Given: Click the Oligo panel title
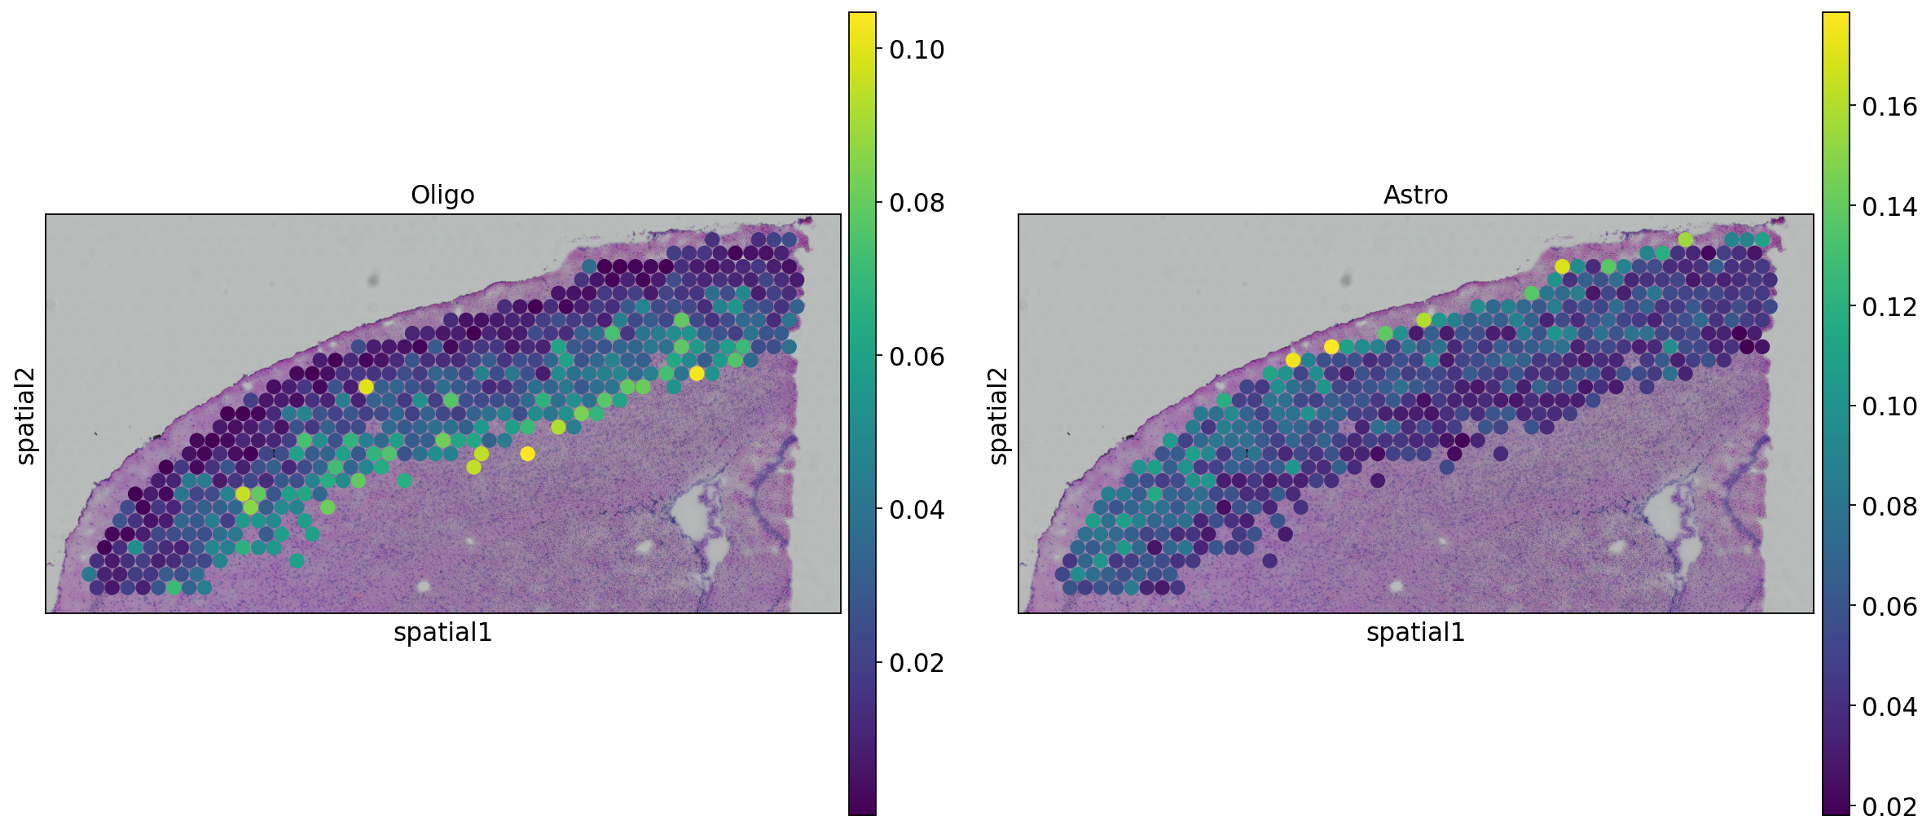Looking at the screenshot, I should [x=442, y=195].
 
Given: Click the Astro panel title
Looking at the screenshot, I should [x=1415, y=195].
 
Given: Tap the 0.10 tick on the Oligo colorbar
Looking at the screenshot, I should [x=916, y=50].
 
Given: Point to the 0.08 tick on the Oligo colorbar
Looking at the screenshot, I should [x=916, y=203].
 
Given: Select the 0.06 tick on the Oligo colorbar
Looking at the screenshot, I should [x=916, y=357].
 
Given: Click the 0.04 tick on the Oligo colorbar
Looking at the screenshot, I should [x=916, y=510].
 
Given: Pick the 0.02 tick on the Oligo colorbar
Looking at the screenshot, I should [x=916, y=663].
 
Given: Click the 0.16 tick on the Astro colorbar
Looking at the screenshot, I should [x=1889, y=107].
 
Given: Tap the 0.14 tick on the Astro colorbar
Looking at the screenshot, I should [x=1889, y=207].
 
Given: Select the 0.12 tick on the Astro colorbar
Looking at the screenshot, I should [x=1889, y=307].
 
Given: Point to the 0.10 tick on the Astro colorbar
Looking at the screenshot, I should [x=1889, y=406].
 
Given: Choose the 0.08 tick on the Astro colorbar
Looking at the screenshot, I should [x=1889, y=507].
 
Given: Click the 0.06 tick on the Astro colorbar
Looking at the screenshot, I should [x=1889, y=607].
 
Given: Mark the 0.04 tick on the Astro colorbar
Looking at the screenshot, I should [x=1889, y=706].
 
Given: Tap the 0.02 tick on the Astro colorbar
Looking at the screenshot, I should [x=1889, y=806].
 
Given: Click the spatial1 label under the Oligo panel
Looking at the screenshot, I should [x=442, y=633].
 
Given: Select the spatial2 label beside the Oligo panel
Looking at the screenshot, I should [x=26, y=415].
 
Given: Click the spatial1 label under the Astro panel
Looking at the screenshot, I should [x=1415, y=633].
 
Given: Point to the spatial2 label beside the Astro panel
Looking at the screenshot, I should [x=999, y=415].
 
